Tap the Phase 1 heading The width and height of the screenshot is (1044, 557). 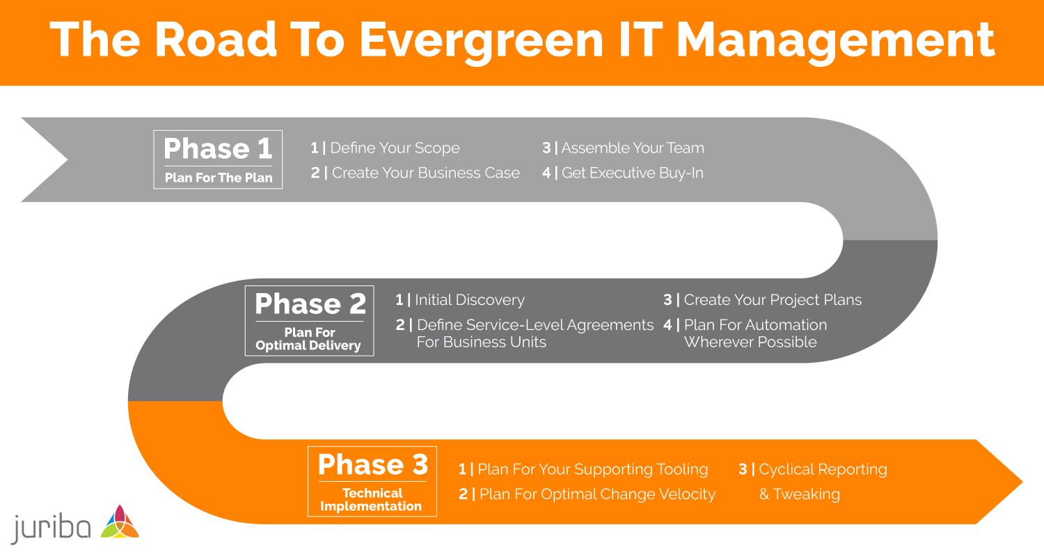pos(218,148)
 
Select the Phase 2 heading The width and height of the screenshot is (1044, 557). pos(310,304)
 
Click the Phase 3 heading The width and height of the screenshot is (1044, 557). pos(372,464)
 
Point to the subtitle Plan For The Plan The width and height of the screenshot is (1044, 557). pos(218,178)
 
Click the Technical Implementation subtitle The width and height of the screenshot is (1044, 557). pos(372,499)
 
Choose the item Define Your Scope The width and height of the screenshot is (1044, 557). pos(394,148)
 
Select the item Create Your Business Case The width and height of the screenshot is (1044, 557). pos(425,173)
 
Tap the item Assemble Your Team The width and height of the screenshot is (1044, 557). pos(632,148)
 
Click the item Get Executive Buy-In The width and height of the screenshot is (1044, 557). pos(632,173)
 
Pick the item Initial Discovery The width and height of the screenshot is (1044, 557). pos(469,300)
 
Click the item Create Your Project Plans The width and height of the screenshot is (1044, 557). pos(772,300)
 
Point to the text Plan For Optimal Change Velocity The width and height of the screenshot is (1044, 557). pos(596,494)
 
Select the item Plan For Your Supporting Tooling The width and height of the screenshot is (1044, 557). pos(592,469)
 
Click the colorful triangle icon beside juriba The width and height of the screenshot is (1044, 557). pos(120,522)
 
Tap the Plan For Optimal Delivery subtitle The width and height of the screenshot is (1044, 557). pos(309,339)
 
